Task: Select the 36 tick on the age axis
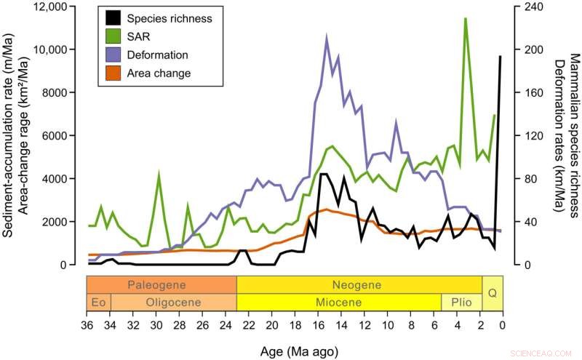point(87,324)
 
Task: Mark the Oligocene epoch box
point(173,302)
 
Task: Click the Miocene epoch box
point(339,302)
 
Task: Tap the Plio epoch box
point(461,302)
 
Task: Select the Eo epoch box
point(98,302)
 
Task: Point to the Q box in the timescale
point(492,293)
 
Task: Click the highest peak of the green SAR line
point(465,19)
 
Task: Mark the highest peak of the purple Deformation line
point(326,37)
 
